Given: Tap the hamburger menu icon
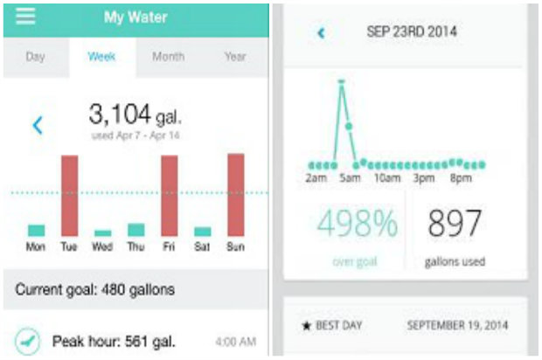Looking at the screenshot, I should (x=26, y=17).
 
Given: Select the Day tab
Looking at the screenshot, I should (x=35, y=56).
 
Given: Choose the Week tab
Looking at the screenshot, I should (x=102, y=56).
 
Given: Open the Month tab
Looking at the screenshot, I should (x=168, y=56).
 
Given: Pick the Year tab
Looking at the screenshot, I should (x=234, y=56).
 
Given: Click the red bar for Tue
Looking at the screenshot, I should (x=69, y=196).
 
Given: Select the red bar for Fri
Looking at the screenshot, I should (x=170, y=196).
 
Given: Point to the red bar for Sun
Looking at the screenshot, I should (x=236, y=195).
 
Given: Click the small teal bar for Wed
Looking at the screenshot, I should (x=102, y=233).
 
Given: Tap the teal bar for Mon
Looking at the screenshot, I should (x=36, y=231).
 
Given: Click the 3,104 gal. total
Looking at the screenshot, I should (x=135, y=114).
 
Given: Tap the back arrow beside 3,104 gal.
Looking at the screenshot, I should (x=38, y=125).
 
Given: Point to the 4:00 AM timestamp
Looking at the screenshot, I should (x=235, y=341).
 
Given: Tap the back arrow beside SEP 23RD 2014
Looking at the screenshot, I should (x=321, y=33).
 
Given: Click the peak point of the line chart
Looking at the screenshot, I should (x=341, y=82).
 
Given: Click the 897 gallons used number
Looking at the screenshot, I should (x=454, y=225).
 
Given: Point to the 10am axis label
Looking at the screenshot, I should (x=386, y=178).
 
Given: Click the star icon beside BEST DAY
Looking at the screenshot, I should (x=307, y=325).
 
